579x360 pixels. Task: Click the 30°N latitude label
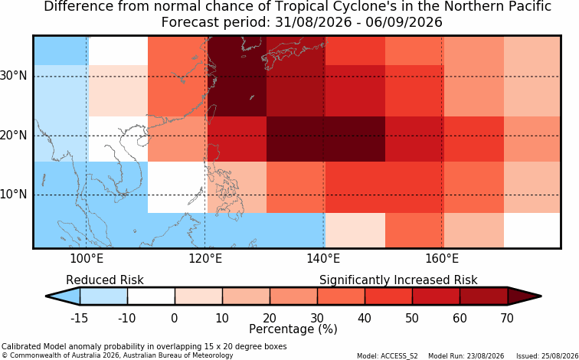[x=13, y=76]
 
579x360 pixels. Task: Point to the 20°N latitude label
[x=13, y=136]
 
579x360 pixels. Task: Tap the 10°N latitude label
[x=13, y=195]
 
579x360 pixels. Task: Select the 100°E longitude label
[x=87, y=259]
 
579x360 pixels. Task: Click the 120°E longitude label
[x=205, y=259]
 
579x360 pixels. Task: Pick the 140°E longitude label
[x=323, y=259]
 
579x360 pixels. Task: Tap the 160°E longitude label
[x=442, y=259]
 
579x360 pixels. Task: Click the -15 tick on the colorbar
[x=80, y=318]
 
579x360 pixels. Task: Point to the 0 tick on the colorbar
[x=175, y=318]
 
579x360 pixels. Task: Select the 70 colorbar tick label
[x=507, y=318]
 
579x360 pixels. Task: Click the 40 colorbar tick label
[x=365, y=318]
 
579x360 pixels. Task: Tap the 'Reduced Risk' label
[x=105, y=280]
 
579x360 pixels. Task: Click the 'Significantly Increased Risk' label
[x=398, y=280]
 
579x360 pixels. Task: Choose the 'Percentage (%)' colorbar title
[x=293, y=329]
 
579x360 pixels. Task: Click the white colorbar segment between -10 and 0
[x=151, y=296]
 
